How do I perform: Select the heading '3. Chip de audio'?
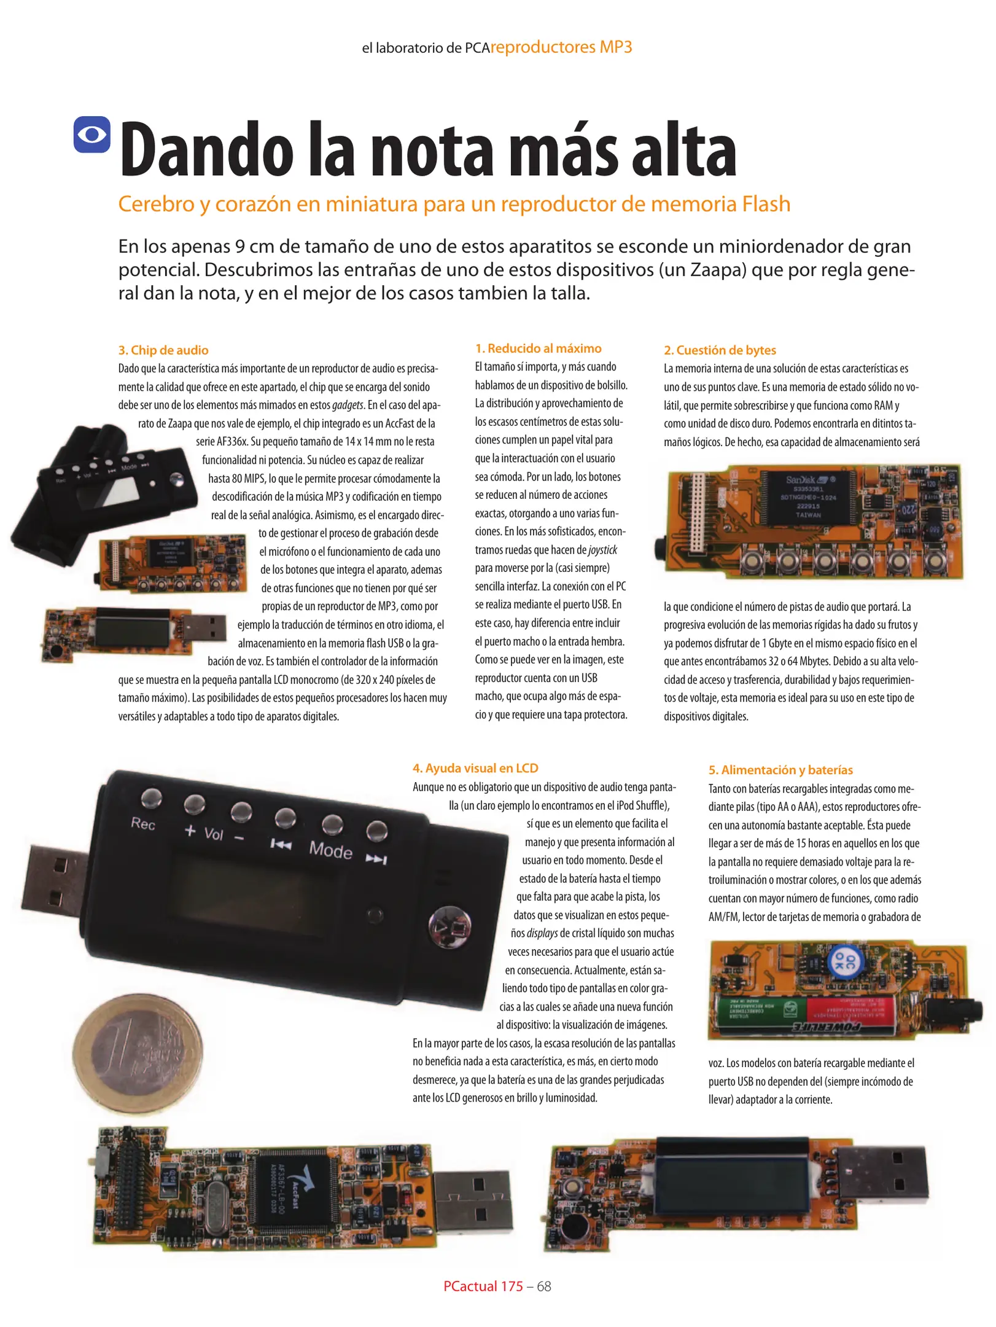[x=163, y=350]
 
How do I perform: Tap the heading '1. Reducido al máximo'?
[x=538, y=348]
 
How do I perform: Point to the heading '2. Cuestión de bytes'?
[x=720, y=350]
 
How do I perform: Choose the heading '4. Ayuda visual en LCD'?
[x=475, y=768]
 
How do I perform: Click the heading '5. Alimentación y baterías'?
[x=780, y=770]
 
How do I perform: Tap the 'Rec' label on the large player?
[x=143, y=824]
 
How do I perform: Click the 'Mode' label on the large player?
[x=330, y=850]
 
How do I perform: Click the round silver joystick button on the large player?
[x=450, y=926]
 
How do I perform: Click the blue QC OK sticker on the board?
[x=846, y=961]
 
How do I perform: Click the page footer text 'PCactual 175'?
[x=483, y=1286]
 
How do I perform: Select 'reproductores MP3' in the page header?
[x=561, y=47]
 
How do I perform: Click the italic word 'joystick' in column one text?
[x=602, y=550]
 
